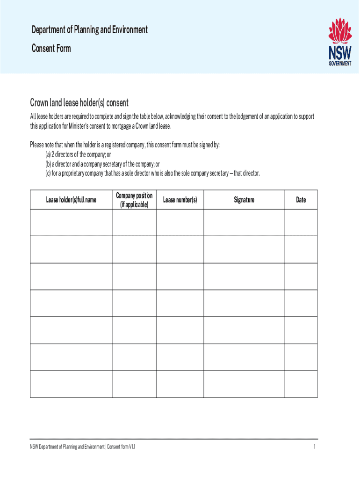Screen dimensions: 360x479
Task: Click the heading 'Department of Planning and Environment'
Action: [89, 30]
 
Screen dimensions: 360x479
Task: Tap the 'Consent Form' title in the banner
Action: [51, 48]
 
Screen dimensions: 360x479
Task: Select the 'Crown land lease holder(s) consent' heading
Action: [79, 102]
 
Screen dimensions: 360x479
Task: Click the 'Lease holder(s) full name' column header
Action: [71, 200]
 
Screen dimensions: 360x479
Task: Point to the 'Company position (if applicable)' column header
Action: [134, 200]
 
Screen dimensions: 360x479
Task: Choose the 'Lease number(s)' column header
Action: [180, 200]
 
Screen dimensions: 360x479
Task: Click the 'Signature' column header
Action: [244, 200]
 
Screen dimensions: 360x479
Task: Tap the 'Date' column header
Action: [301, 200]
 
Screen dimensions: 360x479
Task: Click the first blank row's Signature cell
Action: [244, 222]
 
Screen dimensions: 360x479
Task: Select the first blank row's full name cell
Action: [71, 222]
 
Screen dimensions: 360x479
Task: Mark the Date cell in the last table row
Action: [301, 384]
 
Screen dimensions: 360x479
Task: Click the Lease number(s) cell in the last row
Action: [180, 384]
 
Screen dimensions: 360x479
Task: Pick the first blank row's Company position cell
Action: [134, 222]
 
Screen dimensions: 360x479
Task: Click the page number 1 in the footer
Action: [315, 447]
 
